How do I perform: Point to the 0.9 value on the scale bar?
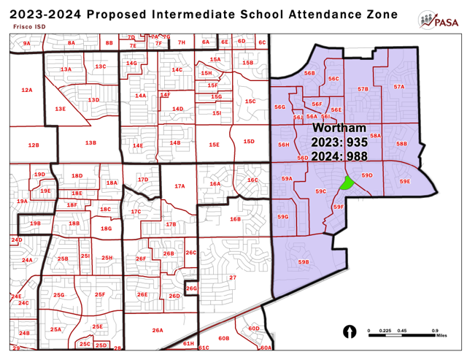pyautogui.click(x=435, y=330)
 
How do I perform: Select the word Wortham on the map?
pyautogui.click(x=339, y=129)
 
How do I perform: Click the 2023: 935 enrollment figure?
pyautogui.click(x=339, y=142)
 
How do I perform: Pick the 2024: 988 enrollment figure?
pyautogui.click(x=339, y=156)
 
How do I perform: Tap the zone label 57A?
pyautogui.click(x=398, y=87)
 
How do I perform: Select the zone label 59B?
pyautogui.click(x=304, y=262)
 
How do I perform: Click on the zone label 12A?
pyautogui.click(x=27, y=90)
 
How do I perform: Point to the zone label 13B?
pyautogui.click(x=90, y=142)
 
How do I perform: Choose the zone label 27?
pyautogui.click(x=233, y=277)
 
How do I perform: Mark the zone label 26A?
pyautogui.click(x=157, y=330)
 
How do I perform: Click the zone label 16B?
pyautogui.click(x=235, y=218)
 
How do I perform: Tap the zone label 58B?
pyautogui.click(x=401, y=144)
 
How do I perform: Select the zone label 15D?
pyautogui.click(x=248, y=141)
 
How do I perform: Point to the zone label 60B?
pyautogui.click(x=224, y=338)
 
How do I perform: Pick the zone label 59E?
pyautogui.click(x=405, y=181)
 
